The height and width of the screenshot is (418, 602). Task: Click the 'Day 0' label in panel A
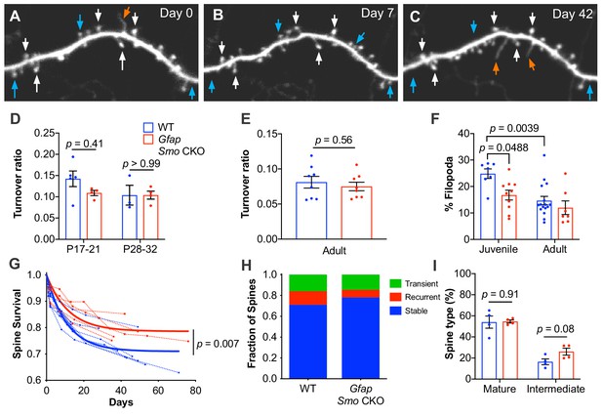pyautogui.click(x=177, y=14)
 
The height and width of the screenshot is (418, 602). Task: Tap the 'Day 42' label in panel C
pyautogui.click(x=572, y=15)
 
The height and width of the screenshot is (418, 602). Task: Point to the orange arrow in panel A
pyautogui.click(x=126, y=14)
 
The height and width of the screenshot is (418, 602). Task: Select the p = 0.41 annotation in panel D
pyautogui.click(x=85, y=145)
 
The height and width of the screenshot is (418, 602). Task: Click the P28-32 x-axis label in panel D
pyautogui.click(x=140, y=249)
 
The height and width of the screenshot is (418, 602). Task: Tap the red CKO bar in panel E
pyautogui.click(x=357, y=213)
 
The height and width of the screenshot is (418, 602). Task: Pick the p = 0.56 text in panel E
pyautogui.click(x=334, y=141)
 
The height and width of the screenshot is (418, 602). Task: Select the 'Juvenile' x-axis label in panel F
pyautogui.click(x=498, y=249)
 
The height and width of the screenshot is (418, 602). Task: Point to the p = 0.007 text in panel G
pyautogui.click(x=218, y=344)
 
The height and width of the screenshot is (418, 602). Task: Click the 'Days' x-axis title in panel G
pyautogui.click(x=121, y=402)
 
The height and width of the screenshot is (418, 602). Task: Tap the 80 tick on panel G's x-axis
pyautogui.click(x=195, y=391)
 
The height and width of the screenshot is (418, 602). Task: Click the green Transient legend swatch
pyautogui.click(x=394, y=283)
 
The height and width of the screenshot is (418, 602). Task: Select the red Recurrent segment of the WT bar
pyautogui.click(x=307, y=298)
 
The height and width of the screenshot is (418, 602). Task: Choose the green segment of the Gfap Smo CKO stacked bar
pyautogui.click(x=360, y=282)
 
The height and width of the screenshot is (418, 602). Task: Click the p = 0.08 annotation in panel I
pyautogui.click(x=555, y=329)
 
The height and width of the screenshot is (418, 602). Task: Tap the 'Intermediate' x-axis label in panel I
pyautogui.click(x=555, y=389)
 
